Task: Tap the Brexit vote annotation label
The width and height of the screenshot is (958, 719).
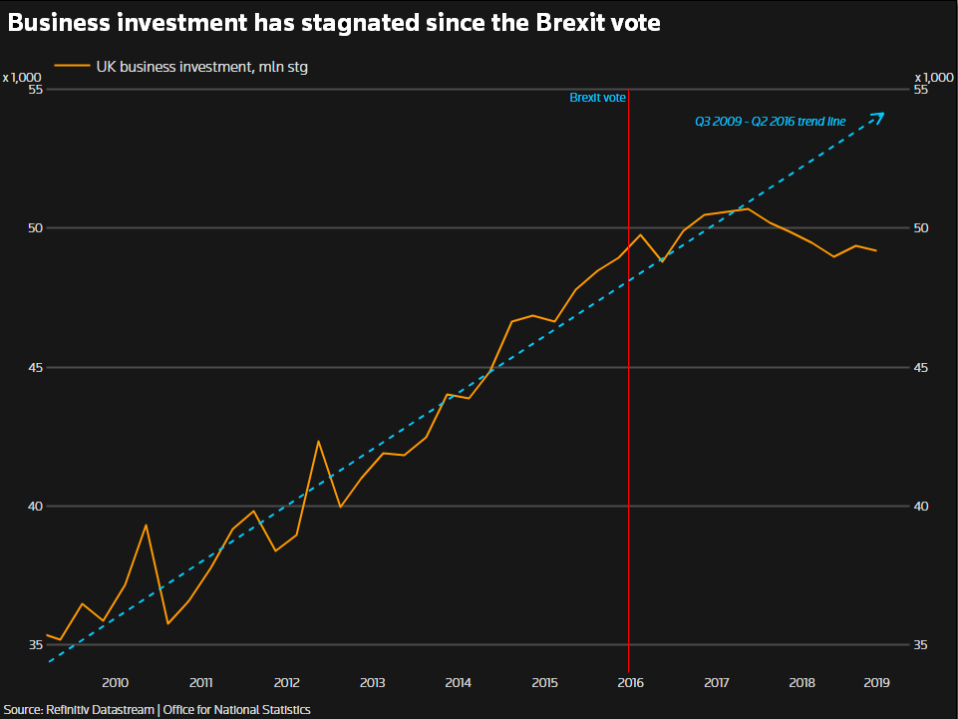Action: click(x=597, y=98)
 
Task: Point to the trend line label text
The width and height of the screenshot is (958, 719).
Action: click(x=770, y=122)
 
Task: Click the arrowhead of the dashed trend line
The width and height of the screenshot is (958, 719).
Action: click(x=879, y=115)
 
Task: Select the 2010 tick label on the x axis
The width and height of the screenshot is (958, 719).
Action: click(x=115, y=683)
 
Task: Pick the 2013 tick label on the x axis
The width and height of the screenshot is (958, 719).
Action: click(x=372, y=683)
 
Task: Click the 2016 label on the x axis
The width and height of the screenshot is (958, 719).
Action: click(x=629, y=683)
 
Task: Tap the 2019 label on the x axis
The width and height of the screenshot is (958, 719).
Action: click(x=875, y=683)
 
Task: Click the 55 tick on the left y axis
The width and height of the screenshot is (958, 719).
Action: click(x=37, y=90)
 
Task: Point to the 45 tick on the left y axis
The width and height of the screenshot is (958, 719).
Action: click(x=37, y=368)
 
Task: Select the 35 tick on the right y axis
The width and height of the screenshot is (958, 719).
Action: click(x=921, y=645)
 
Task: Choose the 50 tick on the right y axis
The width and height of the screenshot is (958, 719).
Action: click(x=921, y=228)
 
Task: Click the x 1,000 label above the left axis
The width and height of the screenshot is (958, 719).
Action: click(x=22, y=77)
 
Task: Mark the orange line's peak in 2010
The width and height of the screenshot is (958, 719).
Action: click(x=146, y=525)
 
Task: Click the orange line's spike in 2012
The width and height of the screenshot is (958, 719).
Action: click(x=318, y=441)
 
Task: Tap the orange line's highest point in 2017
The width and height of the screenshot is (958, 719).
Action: click(x=748, y=208)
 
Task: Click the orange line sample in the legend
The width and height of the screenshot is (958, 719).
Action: click(x=71, y=67)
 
